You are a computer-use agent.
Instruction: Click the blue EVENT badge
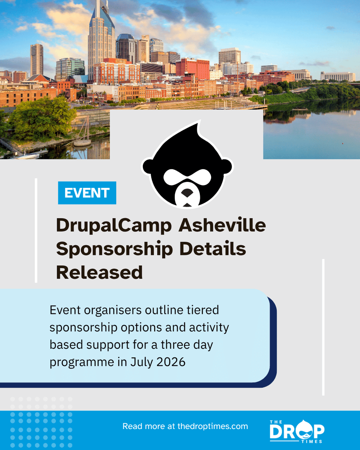point(87,193)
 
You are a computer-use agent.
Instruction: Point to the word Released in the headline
point(99,272)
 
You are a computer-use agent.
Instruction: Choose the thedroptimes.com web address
point(212,426)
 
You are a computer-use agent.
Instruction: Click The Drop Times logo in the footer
point(297,431)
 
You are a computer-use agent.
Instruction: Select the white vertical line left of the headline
point(36,230)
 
